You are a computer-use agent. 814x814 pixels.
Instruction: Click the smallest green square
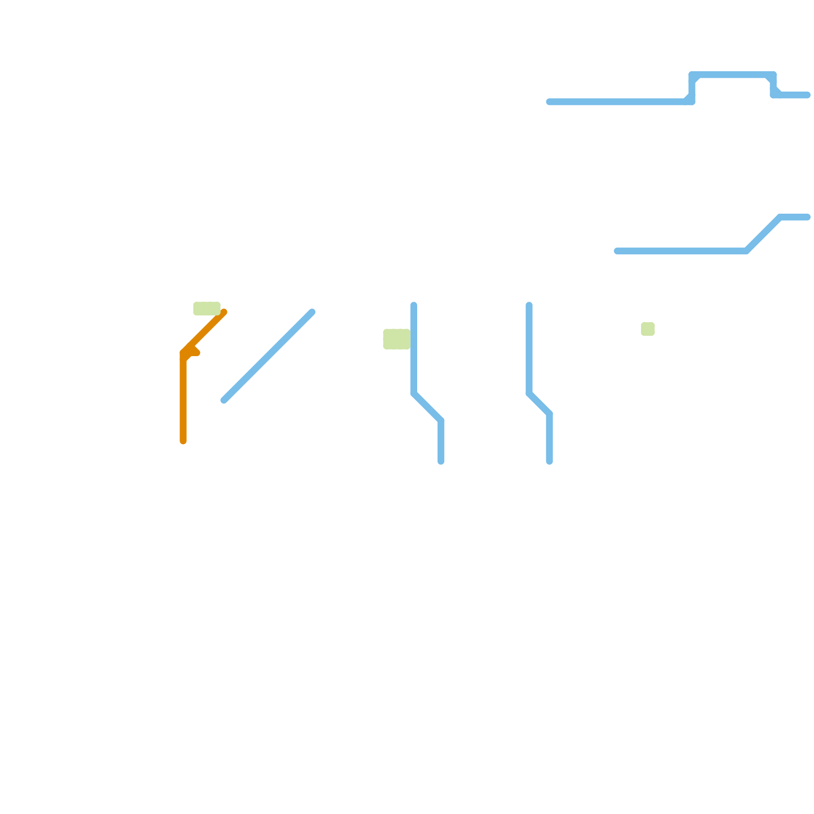pos(648,329)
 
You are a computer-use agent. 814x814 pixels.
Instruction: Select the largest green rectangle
pos(397,339)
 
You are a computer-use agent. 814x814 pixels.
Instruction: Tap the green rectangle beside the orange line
pos(207,308)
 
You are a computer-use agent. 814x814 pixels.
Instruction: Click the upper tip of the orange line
pos(224,312)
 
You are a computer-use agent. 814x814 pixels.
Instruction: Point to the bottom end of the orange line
pos(183,441)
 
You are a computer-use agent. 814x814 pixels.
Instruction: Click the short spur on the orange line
pos(195,352)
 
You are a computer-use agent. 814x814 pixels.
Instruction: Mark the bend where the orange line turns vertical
pos(183,353)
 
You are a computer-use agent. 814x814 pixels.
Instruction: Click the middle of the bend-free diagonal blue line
pos(268,356)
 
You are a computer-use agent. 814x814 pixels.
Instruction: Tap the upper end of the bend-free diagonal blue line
pos(312,312)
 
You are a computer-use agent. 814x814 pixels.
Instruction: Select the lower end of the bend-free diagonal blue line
pos(224,400)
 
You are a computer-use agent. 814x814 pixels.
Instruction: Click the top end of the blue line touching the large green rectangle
pos(414,305)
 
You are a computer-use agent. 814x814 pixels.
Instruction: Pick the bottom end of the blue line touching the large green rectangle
pos(441,461)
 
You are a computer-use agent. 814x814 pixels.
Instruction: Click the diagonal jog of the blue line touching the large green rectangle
pos(427,407)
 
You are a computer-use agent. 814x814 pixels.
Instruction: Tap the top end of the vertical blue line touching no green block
pos(529,305)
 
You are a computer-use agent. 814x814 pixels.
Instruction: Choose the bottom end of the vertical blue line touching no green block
pos(549,461)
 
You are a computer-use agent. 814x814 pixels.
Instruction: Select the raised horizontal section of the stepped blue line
pos(733,75)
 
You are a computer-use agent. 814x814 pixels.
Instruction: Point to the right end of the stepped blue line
pos(807,95)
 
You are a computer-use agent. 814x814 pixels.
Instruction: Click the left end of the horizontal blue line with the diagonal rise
pos(617,251)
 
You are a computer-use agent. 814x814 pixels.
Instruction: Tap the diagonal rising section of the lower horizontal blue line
pos(763,234)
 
